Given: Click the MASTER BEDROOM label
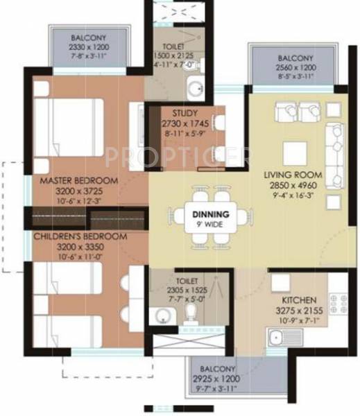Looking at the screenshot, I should pos(78,181).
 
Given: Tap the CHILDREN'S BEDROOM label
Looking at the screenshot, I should pos(80,236).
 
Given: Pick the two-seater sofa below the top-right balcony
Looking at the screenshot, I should pos(292,110).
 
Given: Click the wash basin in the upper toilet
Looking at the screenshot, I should pos(196,89).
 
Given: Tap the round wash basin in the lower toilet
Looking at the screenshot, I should pos(162,316).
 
